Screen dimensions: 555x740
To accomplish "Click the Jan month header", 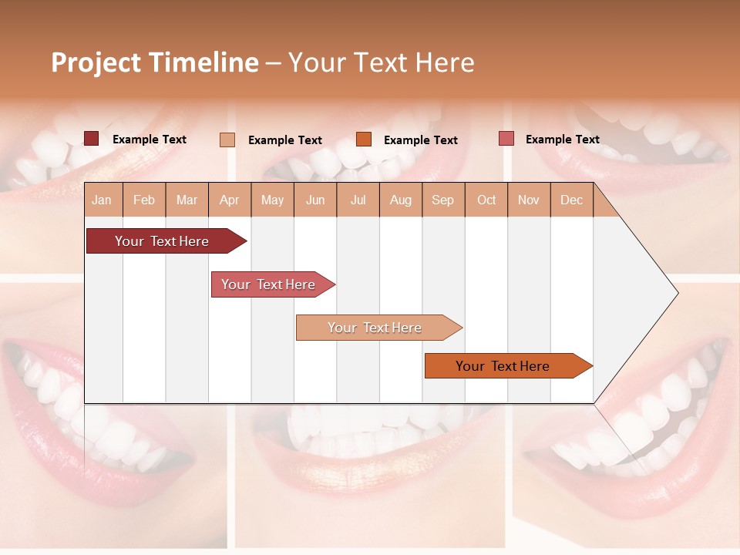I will coord(102,200).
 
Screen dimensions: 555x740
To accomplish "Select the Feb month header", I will coord(144,200).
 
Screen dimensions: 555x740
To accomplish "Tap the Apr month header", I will coord(229,200).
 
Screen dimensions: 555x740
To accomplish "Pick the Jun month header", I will coord(315,200).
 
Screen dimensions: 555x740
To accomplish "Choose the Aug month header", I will coord(400,200).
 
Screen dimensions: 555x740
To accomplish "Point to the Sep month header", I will coord(442,200).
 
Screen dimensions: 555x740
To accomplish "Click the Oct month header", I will coord(486,200).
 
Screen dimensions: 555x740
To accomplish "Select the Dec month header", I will coord(571,200).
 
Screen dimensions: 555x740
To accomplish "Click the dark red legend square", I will coord(91,139).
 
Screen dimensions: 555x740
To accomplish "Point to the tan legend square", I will coord(227,140).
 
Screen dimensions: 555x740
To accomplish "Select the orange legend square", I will coord(364,140).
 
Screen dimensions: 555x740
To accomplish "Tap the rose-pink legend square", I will coord(506,139).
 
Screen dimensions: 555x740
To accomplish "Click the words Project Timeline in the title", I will coord(155,62).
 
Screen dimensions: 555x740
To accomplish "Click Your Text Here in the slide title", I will coord(381,62).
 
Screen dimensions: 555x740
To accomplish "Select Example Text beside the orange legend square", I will coord(420,140).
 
